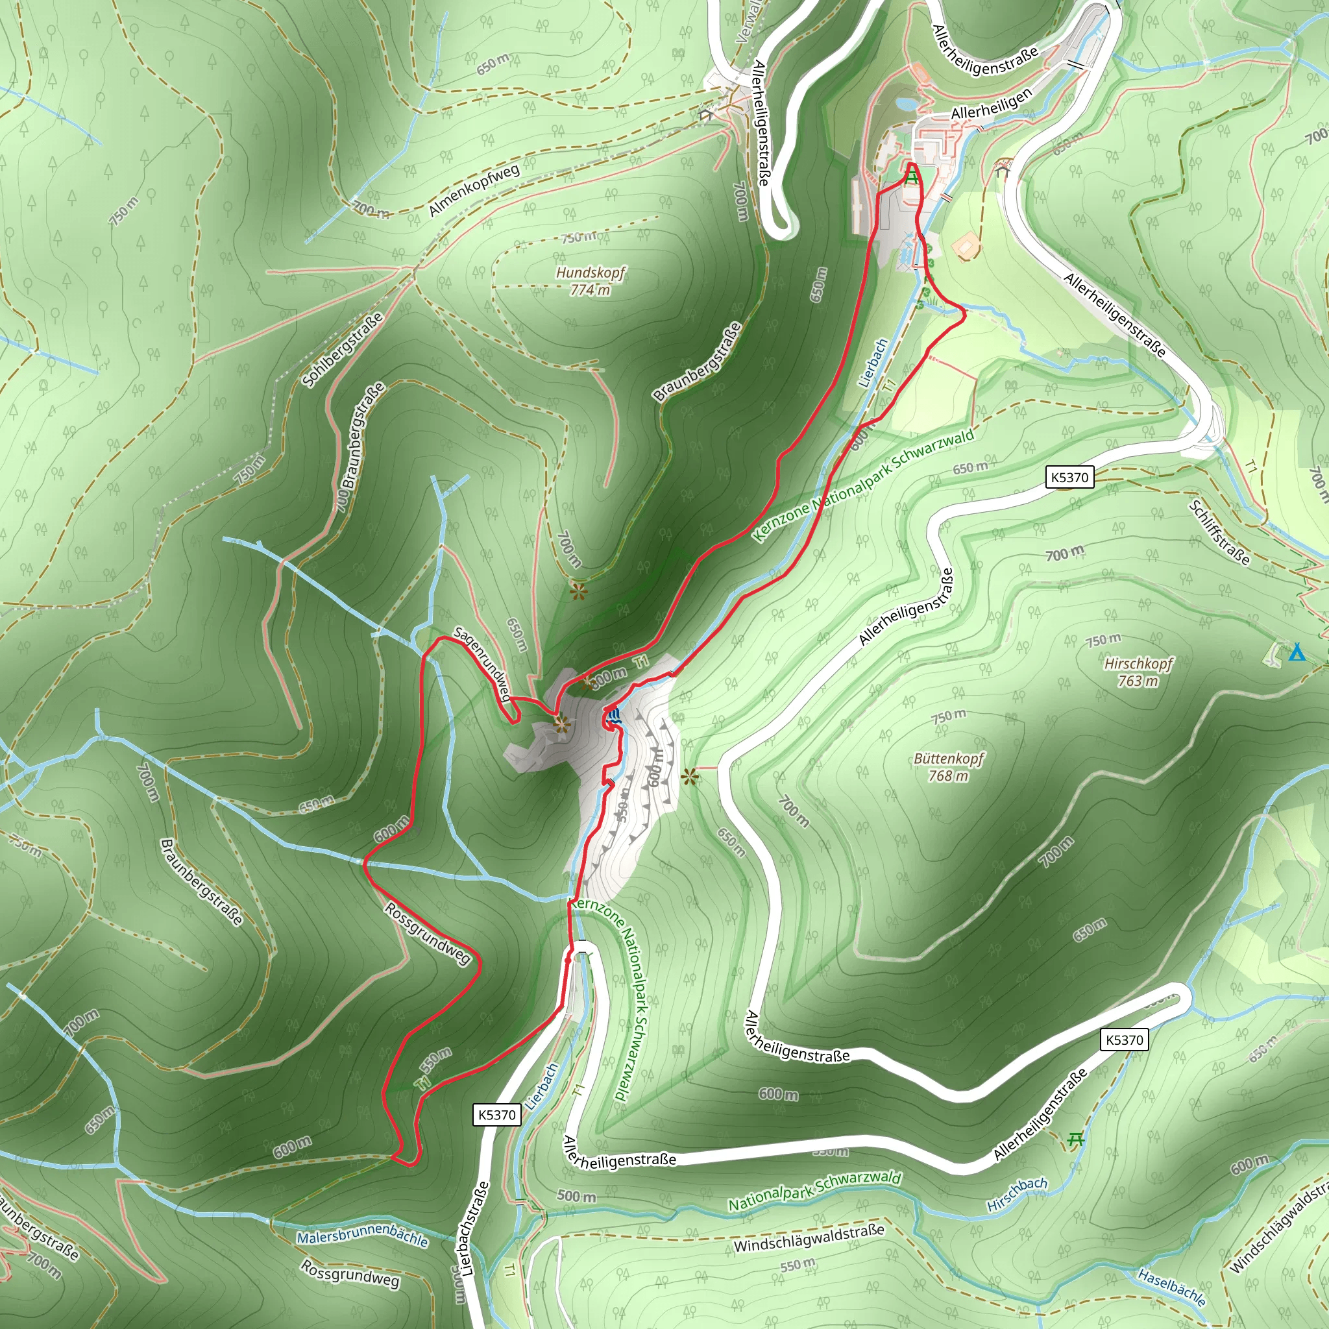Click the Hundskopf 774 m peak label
point(591,280)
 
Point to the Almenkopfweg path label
point(474,190)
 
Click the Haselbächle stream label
point(1171,1287)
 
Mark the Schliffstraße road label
point(1219,532)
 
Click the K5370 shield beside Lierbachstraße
point(496,1115)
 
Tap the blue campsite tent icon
point(1297,652)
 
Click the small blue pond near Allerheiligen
point(905,103)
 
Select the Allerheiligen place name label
point(992,103)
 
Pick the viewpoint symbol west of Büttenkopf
point(689,777)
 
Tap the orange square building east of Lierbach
point(966,245)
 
